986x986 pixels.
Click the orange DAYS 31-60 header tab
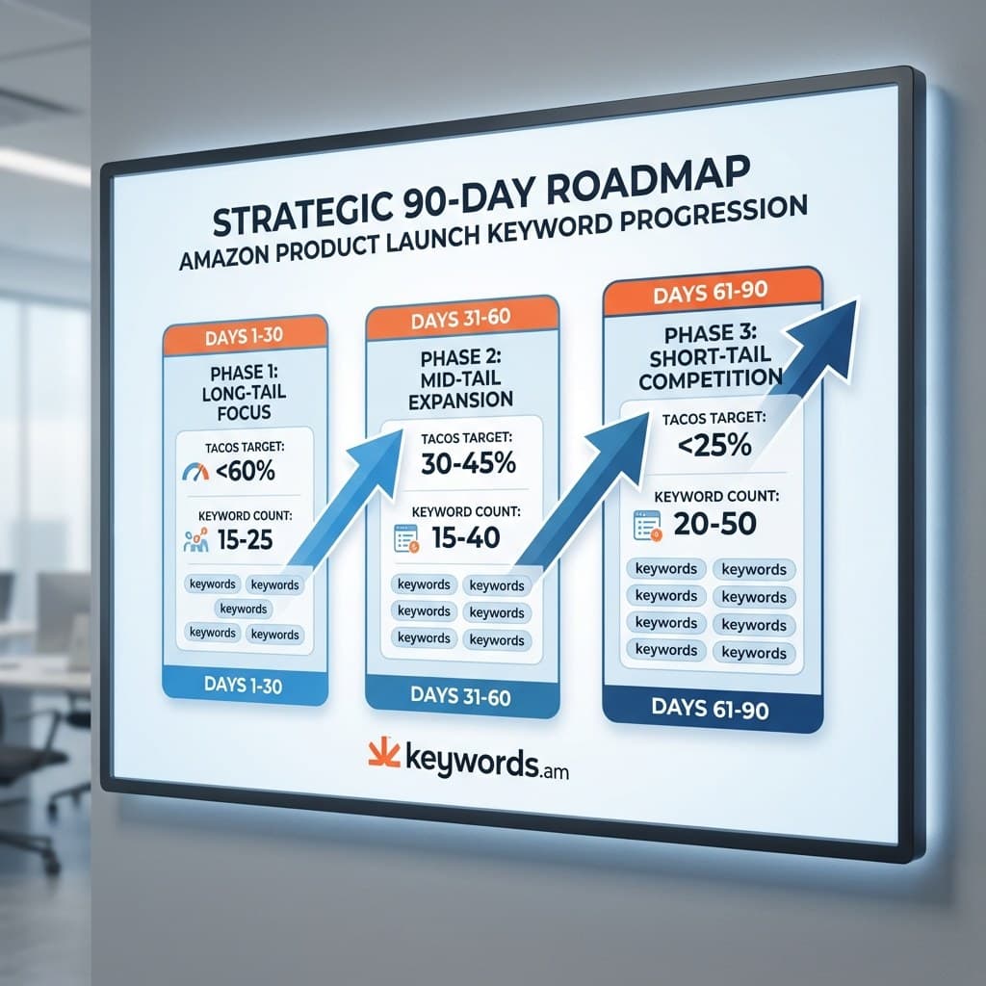tap(462, 317)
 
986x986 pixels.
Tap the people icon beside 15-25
tap(194, 541)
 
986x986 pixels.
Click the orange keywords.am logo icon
tap(382, 752)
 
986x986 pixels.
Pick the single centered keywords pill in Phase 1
tap(243, 609)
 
